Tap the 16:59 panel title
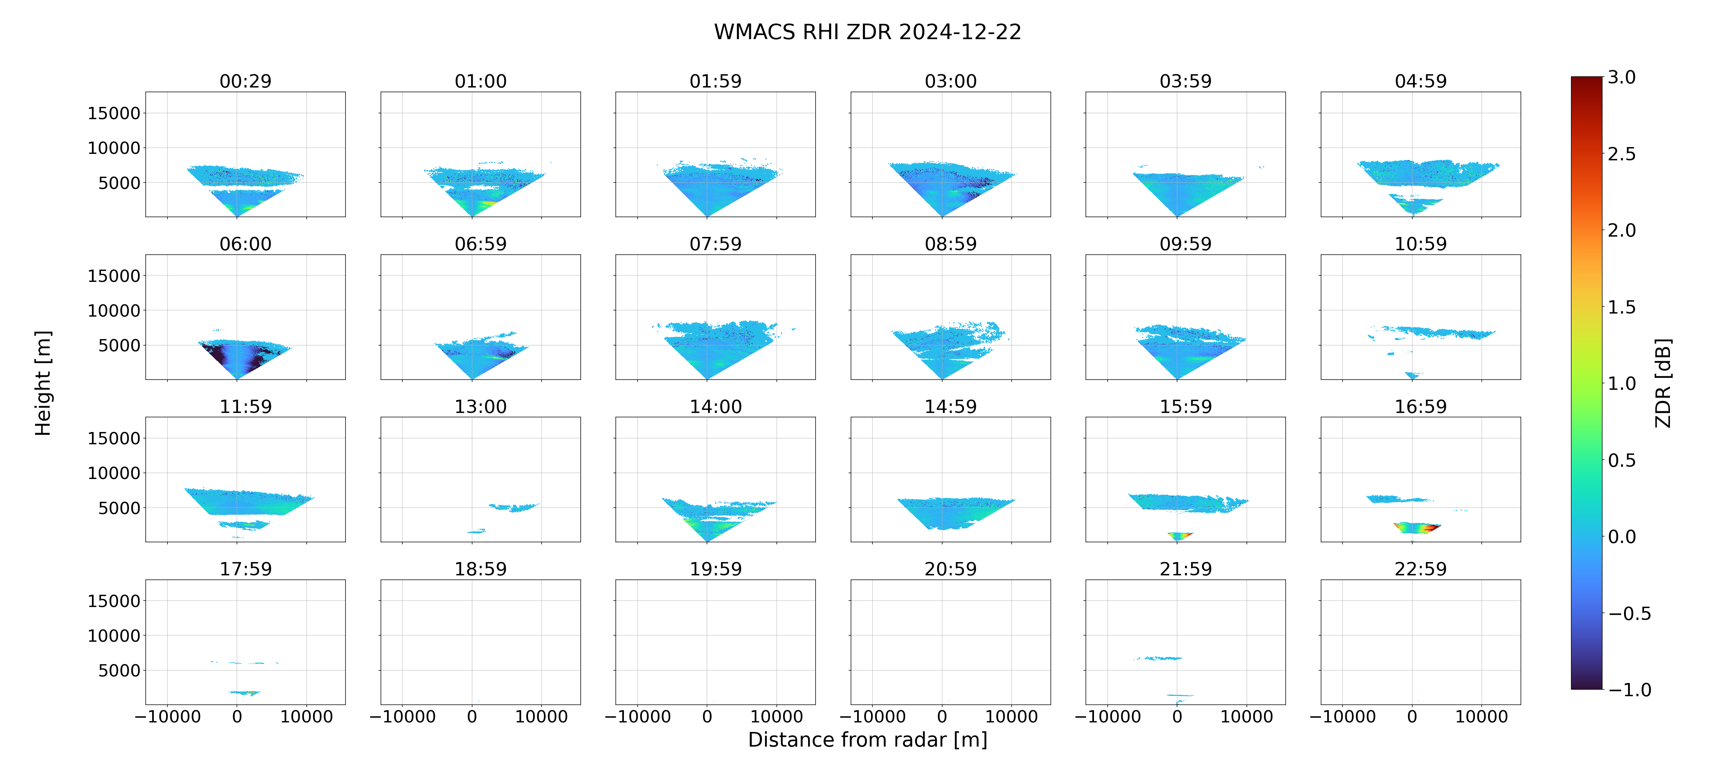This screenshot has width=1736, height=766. pyautogui.click(x=1420, y=406)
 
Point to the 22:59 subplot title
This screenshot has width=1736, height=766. pyautogui.click(x=1420, y=569)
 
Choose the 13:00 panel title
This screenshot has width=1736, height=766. pyautogui.click(x=481, y=406)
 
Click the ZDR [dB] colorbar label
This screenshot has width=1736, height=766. pyautogui.click(x=1663, y=383)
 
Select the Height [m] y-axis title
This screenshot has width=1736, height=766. pyautogui.click(x=43, y=383)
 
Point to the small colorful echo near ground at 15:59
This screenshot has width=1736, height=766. pyautogui.click(x=1179, y=536)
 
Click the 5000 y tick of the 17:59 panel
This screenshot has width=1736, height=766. pyautogui.click(x=119, y=670)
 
